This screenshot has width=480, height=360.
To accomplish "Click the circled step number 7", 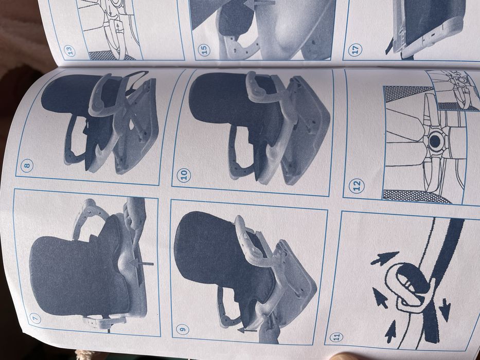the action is pyautogui.click(x=35, y=319).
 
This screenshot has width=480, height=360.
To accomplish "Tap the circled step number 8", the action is pyautogui.click(x=27, y=166).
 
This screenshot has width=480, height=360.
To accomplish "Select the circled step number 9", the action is pyautogui.click(x=183, y=329).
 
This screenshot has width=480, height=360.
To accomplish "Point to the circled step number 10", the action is pyautogui.click(x=184, y=175).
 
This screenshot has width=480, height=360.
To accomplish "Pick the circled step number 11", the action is pyautogui.click(x=336, y=337).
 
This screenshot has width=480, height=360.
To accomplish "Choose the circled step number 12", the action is pyautogui.click(x=357, y=186).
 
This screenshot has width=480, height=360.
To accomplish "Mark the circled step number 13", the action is pyautogui.click(x=69, y=51).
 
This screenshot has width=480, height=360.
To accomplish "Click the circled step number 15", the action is pyautogui.click(x=204, y=49).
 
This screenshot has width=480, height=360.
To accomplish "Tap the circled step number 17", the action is pyautogui.click(x=355, y=50).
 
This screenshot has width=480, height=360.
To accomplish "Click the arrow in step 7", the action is pyautogui.click(x=141, y=263).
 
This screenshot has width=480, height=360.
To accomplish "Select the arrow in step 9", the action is pyautogui.click(x=247, y=330).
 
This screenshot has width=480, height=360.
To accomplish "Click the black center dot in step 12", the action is pyautogui.click(x=435, y=141).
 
